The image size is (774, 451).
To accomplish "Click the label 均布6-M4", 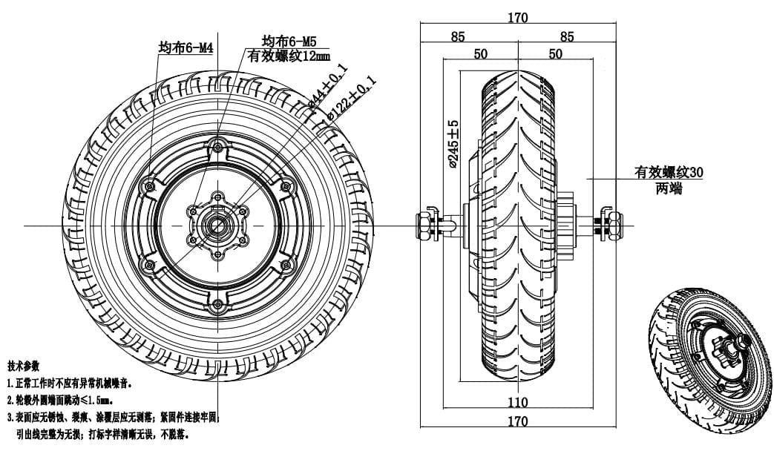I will (186, 48).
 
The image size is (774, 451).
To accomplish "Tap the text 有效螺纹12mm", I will (289, 57).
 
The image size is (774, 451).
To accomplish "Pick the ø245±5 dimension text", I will (453, 145).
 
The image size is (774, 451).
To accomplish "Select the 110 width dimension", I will (519, 403).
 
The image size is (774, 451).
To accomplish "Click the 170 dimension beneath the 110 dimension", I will (519, 422).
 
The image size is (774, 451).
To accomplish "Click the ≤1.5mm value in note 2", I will (114, 401).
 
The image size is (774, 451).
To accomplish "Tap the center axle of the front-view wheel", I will (217, 225).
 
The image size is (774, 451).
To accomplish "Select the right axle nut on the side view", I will (614, 224).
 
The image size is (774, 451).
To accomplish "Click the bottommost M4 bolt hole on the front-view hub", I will (217, 306).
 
